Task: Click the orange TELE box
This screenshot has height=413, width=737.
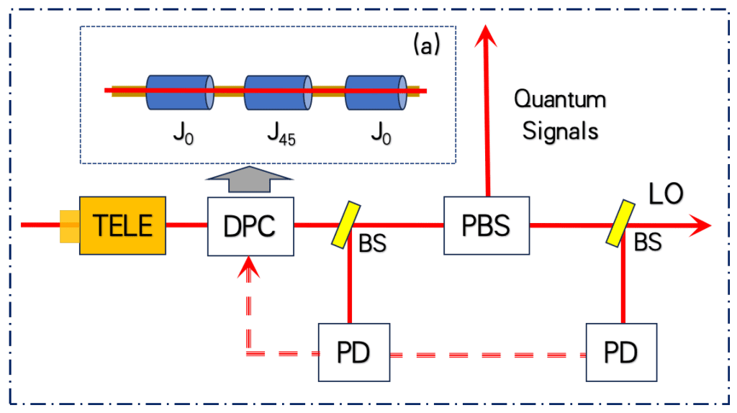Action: pyautogui.click(x=122, y=225)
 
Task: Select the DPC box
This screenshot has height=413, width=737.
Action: pyautogui.click(x=250, y=225)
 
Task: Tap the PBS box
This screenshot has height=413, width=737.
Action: pyautogui.click(x=486, y=225)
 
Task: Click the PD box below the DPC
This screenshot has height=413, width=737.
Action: pyautogui.click(x=354, y=353)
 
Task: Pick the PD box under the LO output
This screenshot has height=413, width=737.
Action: pyautogui.click(x=622, y=353)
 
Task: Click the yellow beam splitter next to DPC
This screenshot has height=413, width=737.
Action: pyautogui.click(x=345, y=224)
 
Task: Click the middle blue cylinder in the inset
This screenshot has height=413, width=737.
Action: pyautogui.click(x=278, y=92)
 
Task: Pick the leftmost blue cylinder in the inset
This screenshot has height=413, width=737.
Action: pyautogui.click(x=179, y=92)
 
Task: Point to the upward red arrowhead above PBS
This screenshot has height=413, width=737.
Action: pyautogui.click(x=487, y=34)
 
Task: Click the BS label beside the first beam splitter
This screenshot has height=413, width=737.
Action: pyautogui.click(x=372, y=244)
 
